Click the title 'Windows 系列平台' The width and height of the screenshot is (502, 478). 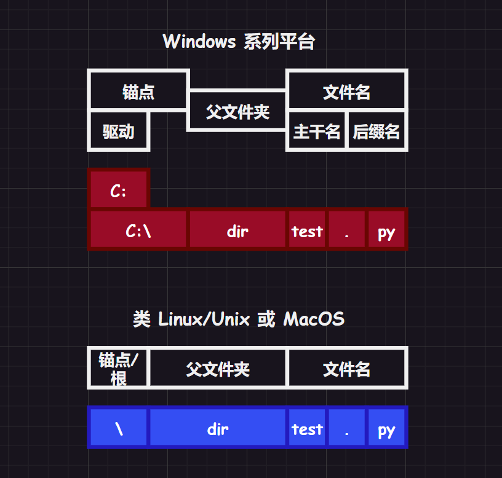tap(239, 42)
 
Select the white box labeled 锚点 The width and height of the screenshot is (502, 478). tap(138, 92)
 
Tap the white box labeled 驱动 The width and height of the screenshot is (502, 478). tap(119, 131)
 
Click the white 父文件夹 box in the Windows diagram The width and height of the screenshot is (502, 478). tap(237, 111)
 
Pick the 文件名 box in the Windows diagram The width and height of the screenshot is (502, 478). tap(346, 92)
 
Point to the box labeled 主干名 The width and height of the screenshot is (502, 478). tap(317, 131)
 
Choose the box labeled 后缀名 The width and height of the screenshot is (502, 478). tap(376, 131)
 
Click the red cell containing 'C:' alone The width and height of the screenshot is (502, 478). tap(119, 190)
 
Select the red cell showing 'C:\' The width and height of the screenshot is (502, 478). tap(138, 230)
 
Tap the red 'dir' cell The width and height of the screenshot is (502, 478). tap(237, 230)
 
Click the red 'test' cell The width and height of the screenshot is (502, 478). tap(307, 230)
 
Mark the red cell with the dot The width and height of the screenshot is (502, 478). tap(347, 230)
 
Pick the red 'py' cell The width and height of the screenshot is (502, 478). tap(386, 230)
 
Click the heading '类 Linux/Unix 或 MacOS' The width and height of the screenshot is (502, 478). tap(239, 319)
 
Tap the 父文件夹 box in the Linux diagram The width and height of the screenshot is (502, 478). tap(218, 369)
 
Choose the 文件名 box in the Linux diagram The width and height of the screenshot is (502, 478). tap(346, 369)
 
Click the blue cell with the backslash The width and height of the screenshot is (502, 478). tap(119, 428)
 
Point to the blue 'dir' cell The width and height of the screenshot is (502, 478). tap(218, 428)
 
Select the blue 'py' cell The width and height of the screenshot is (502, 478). tap(386, 428)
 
